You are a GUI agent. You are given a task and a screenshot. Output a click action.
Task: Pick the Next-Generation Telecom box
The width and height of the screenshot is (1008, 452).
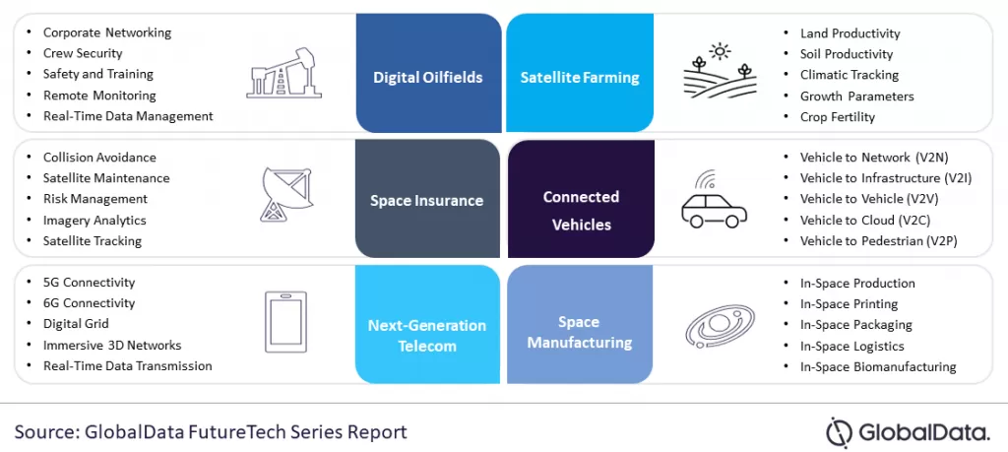[427, 324]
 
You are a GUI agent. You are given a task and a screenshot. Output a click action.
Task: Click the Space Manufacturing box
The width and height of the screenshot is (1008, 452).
[580, 324]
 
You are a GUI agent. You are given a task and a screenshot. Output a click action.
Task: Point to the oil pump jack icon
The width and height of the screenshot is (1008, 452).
[284, 74]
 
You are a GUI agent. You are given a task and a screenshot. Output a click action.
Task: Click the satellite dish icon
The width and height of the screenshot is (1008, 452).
[286, 195]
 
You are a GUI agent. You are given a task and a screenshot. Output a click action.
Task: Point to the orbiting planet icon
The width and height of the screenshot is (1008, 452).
[720, 326]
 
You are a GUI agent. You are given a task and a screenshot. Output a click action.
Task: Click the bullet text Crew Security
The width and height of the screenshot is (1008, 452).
[83, 53]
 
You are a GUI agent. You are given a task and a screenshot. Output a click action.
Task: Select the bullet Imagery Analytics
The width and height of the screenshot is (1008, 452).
[94, 221]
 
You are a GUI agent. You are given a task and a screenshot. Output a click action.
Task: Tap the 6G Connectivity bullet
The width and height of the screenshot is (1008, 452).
[89, 303]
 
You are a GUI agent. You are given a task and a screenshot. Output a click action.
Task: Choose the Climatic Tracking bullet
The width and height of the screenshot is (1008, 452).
[850, 75]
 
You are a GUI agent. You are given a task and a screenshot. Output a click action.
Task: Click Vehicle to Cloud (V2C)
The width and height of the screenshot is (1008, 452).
[865, 221]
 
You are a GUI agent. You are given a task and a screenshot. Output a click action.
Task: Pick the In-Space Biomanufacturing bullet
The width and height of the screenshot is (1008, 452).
[878, 367]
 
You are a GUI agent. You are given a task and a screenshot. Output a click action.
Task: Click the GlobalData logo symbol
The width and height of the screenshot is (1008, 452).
[840, 432]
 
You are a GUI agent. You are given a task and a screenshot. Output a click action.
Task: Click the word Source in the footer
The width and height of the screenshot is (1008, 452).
[44, 431]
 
